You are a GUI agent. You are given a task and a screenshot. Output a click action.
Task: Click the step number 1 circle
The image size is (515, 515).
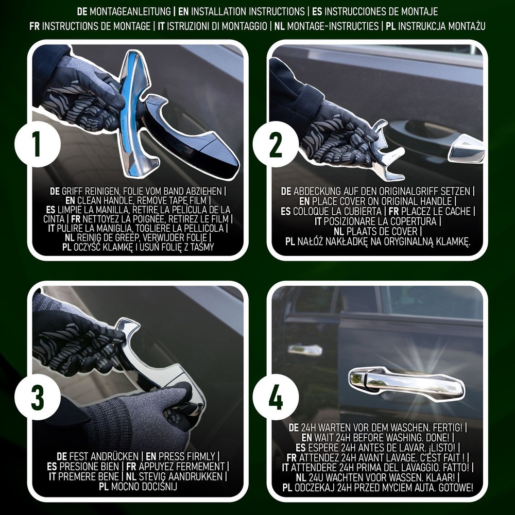coord(37,144)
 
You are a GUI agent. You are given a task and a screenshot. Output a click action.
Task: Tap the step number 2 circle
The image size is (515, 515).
coord(276,144)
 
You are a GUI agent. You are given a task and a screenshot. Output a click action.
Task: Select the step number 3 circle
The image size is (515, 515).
coord(37,397)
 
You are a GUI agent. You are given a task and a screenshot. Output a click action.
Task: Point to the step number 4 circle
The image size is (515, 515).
coord(276,397)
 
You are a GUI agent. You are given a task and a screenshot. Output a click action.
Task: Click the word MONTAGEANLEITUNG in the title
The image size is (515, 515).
coord(130,11)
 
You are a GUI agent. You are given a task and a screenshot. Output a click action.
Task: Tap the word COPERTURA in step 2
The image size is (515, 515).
coord(414,221)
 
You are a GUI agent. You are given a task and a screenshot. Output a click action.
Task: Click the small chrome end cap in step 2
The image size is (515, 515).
coord(467,148)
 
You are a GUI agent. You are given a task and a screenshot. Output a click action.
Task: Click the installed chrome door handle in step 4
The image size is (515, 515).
coord(407,383)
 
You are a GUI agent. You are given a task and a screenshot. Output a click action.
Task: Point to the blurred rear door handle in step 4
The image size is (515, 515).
coord(304,350)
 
